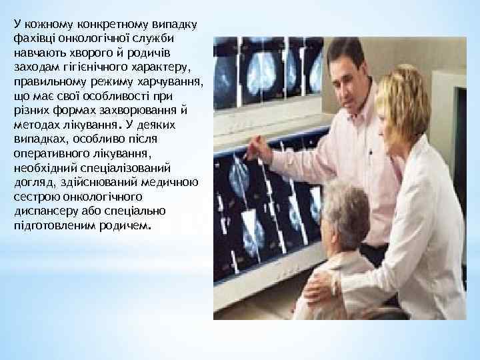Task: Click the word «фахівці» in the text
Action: [30, 38]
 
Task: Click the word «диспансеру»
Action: [41, 211]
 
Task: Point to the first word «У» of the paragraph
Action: [16, 23]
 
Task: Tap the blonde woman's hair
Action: [403, 100]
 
